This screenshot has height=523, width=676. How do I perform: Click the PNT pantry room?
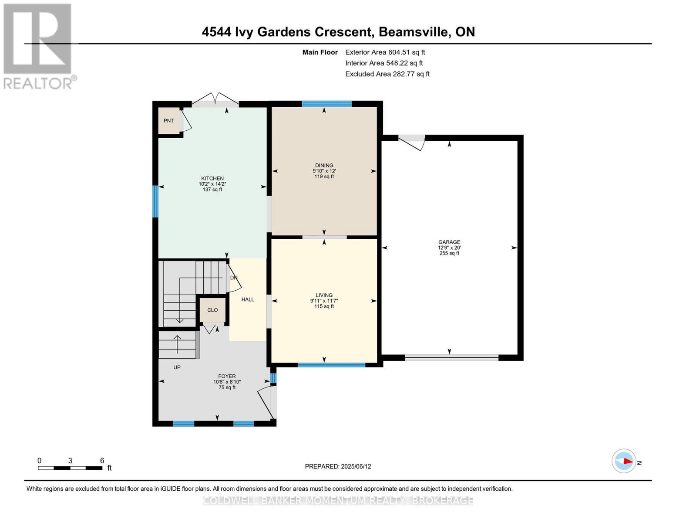[x=169, y=121]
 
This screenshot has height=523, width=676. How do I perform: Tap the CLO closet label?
[x=212, y=310]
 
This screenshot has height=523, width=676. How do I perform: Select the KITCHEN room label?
[x=212, y=179]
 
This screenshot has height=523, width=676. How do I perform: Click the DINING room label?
[x=324, y=166]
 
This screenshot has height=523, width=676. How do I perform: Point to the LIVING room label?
[x=324, y=295]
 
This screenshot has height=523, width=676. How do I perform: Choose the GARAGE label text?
[x=449, y=242]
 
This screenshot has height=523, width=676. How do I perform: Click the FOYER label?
[x=227, y=377]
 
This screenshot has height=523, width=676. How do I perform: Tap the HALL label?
[x=248, y=299]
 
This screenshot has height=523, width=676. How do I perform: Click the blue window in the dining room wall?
[x=326, y=104]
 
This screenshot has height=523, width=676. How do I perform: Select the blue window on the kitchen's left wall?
[x=155, y=201]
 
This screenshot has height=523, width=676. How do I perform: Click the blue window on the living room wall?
[x=331, y=365]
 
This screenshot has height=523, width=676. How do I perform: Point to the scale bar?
[x=70, y=468]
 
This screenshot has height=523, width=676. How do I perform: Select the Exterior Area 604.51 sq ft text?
[x=385, y=52]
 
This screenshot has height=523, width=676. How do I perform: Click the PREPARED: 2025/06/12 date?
[x=338, y=466]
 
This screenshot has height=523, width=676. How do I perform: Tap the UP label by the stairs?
[x=177, y=367]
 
